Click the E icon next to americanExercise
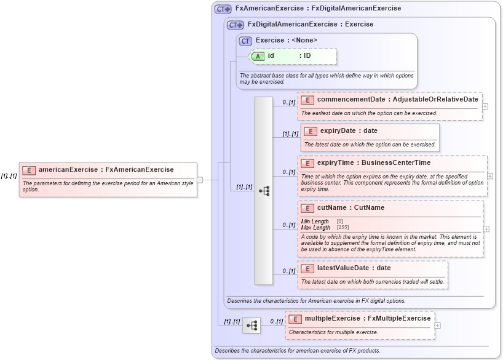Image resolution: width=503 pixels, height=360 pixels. (29, 170)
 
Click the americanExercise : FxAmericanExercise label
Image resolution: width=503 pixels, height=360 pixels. (106, 170)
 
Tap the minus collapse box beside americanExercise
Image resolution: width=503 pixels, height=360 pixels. (200, 180)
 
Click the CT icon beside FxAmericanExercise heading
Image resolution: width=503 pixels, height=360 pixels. (223, 9)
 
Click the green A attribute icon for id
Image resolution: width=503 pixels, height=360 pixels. (258, 56)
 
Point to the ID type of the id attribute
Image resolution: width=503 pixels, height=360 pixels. (307, 56)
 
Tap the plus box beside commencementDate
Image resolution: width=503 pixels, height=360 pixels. (486, 106)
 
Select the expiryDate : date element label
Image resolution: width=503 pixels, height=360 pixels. (349, 131)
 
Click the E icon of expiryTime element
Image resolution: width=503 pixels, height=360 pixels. (307, 163)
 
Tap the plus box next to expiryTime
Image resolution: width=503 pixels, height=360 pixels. (490, 175)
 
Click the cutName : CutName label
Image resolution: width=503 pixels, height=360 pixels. (351, 208)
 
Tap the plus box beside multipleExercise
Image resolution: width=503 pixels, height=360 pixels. (438, 326)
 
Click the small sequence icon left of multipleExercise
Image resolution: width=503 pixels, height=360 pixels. (251, 326)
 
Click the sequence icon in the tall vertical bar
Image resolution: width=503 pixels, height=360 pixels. (264, 191)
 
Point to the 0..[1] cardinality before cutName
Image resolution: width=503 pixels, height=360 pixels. (289, 225)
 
